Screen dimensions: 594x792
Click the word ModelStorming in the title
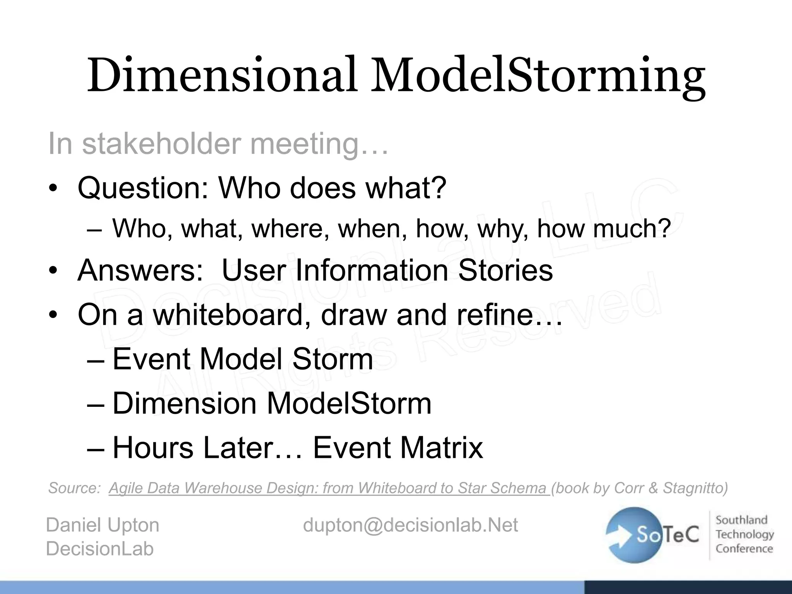[x=538, y=75]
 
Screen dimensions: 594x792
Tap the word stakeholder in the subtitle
[x=162, y=144]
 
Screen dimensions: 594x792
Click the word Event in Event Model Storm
[x=151, y=359]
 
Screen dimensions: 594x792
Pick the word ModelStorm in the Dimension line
[x=349, y=404]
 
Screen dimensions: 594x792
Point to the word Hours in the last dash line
[x=152, y=448]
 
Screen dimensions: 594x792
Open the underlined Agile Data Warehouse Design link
[x=329, y=488]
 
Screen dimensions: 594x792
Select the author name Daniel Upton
[x=102, y=525]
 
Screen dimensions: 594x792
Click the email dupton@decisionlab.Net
[x=410, y=525]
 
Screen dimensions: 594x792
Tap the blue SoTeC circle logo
[x=634, y=534]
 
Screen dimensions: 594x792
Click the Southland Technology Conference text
[x=744, y=534]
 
